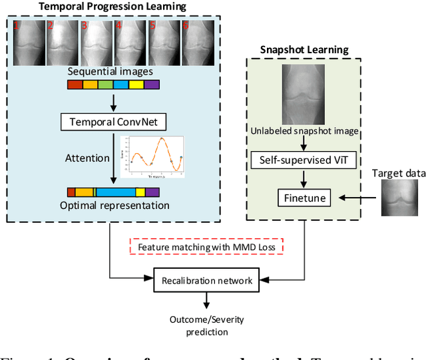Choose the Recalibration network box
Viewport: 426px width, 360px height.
(206, 281)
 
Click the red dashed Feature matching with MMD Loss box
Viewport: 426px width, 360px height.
(206, 248)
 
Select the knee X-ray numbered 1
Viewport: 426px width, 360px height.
(29, 41)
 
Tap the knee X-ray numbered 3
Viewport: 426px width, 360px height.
(95, 41)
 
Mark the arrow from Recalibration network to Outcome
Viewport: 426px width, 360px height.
(206, 298)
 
